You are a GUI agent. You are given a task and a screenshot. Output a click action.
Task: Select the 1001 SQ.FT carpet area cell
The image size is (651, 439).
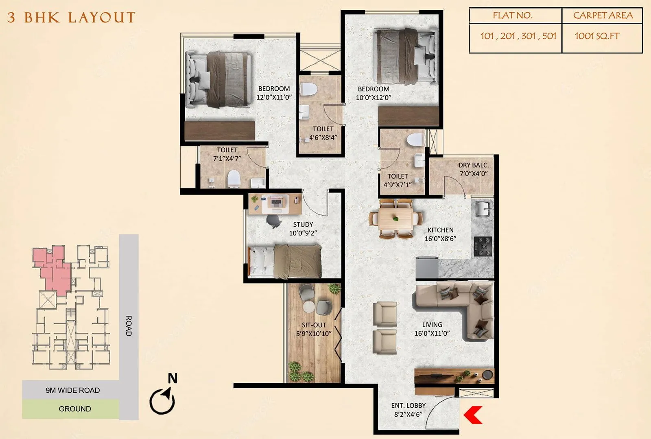(x=597, y=36)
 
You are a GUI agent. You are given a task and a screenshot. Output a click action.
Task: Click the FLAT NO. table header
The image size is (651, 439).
(x=512, y=15)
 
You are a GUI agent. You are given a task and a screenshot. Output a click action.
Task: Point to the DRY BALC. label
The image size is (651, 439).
(x=473, y=165)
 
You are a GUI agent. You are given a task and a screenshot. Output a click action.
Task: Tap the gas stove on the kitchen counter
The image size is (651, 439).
(x=483, y=246)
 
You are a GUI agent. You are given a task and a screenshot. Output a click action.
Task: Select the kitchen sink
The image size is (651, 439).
(x=483, y=209)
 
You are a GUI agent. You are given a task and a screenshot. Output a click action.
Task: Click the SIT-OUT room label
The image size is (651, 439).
(x=314, y=325)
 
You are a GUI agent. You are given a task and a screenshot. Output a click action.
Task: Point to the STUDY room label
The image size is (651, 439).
(x=303, y=225)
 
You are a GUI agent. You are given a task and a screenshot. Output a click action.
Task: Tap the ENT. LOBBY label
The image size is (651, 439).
(x=408, y=406)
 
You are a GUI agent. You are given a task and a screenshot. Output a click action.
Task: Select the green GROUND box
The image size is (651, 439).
(x=74, y=409)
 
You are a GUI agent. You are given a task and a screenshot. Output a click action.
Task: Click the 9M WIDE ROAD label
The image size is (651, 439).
(x=72, y=390)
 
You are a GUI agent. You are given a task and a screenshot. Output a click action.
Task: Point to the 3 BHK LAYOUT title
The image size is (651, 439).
(x=71, y=17)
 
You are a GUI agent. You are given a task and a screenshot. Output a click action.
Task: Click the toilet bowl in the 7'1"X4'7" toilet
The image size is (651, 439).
(x=234, y=179)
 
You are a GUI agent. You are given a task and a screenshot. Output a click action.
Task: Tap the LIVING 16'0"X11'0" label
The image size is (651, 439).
(x=432, y=329)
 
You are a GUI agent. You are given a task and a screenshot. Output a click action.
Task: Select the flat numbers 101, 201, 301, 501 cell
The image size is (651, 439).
(x=518, y=36)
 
